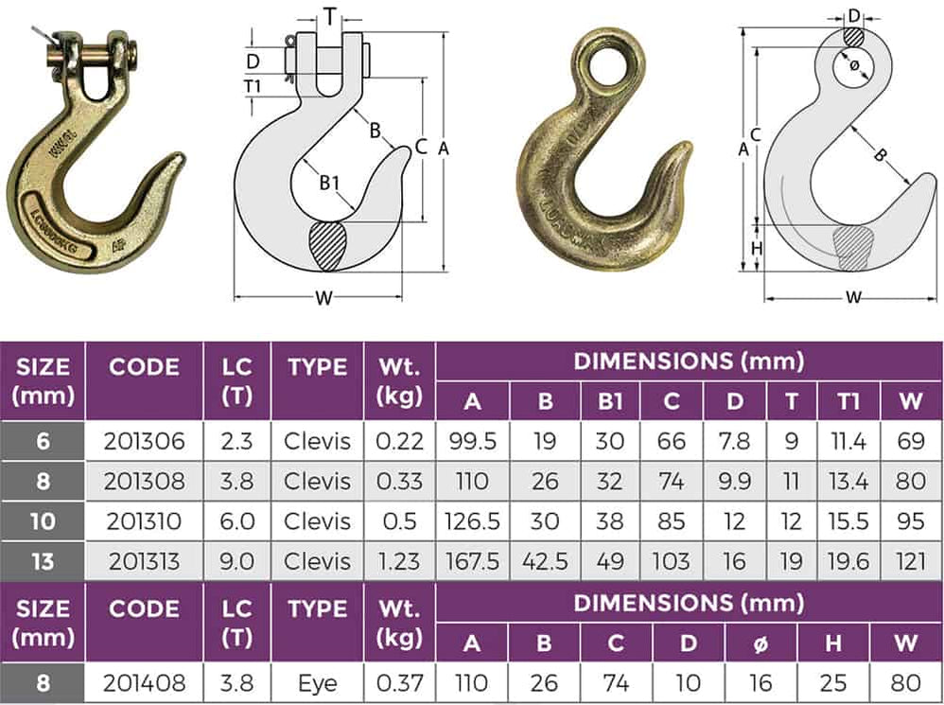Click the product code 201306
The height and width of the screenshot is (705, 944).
(145, 440)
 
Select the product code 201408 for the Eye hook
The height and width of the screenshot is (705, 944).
(145, 681)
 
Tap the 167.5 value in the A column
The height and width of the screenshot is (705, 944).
(472, 561)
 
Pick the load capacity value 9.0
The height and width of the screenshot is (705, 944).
(236, 561)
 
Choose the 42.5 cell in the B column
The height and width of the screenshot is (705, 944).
(546, 561)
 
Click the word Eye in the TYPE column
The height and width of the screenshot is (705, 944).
(318, 681)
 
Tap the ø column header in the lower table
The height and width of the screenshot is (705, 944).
(760, 643)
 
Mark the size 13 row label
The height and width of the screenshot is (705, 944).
(43, 561)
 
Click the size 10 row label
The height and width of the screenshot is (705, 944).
(43, 520)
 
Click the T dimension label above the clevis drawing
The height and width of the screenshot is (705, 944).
(329, 15)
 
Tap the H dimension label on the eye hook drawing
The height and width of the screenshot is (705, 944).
(756, 247)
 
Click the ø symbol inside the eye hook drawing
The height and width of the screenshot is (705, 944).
(854, 64)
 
